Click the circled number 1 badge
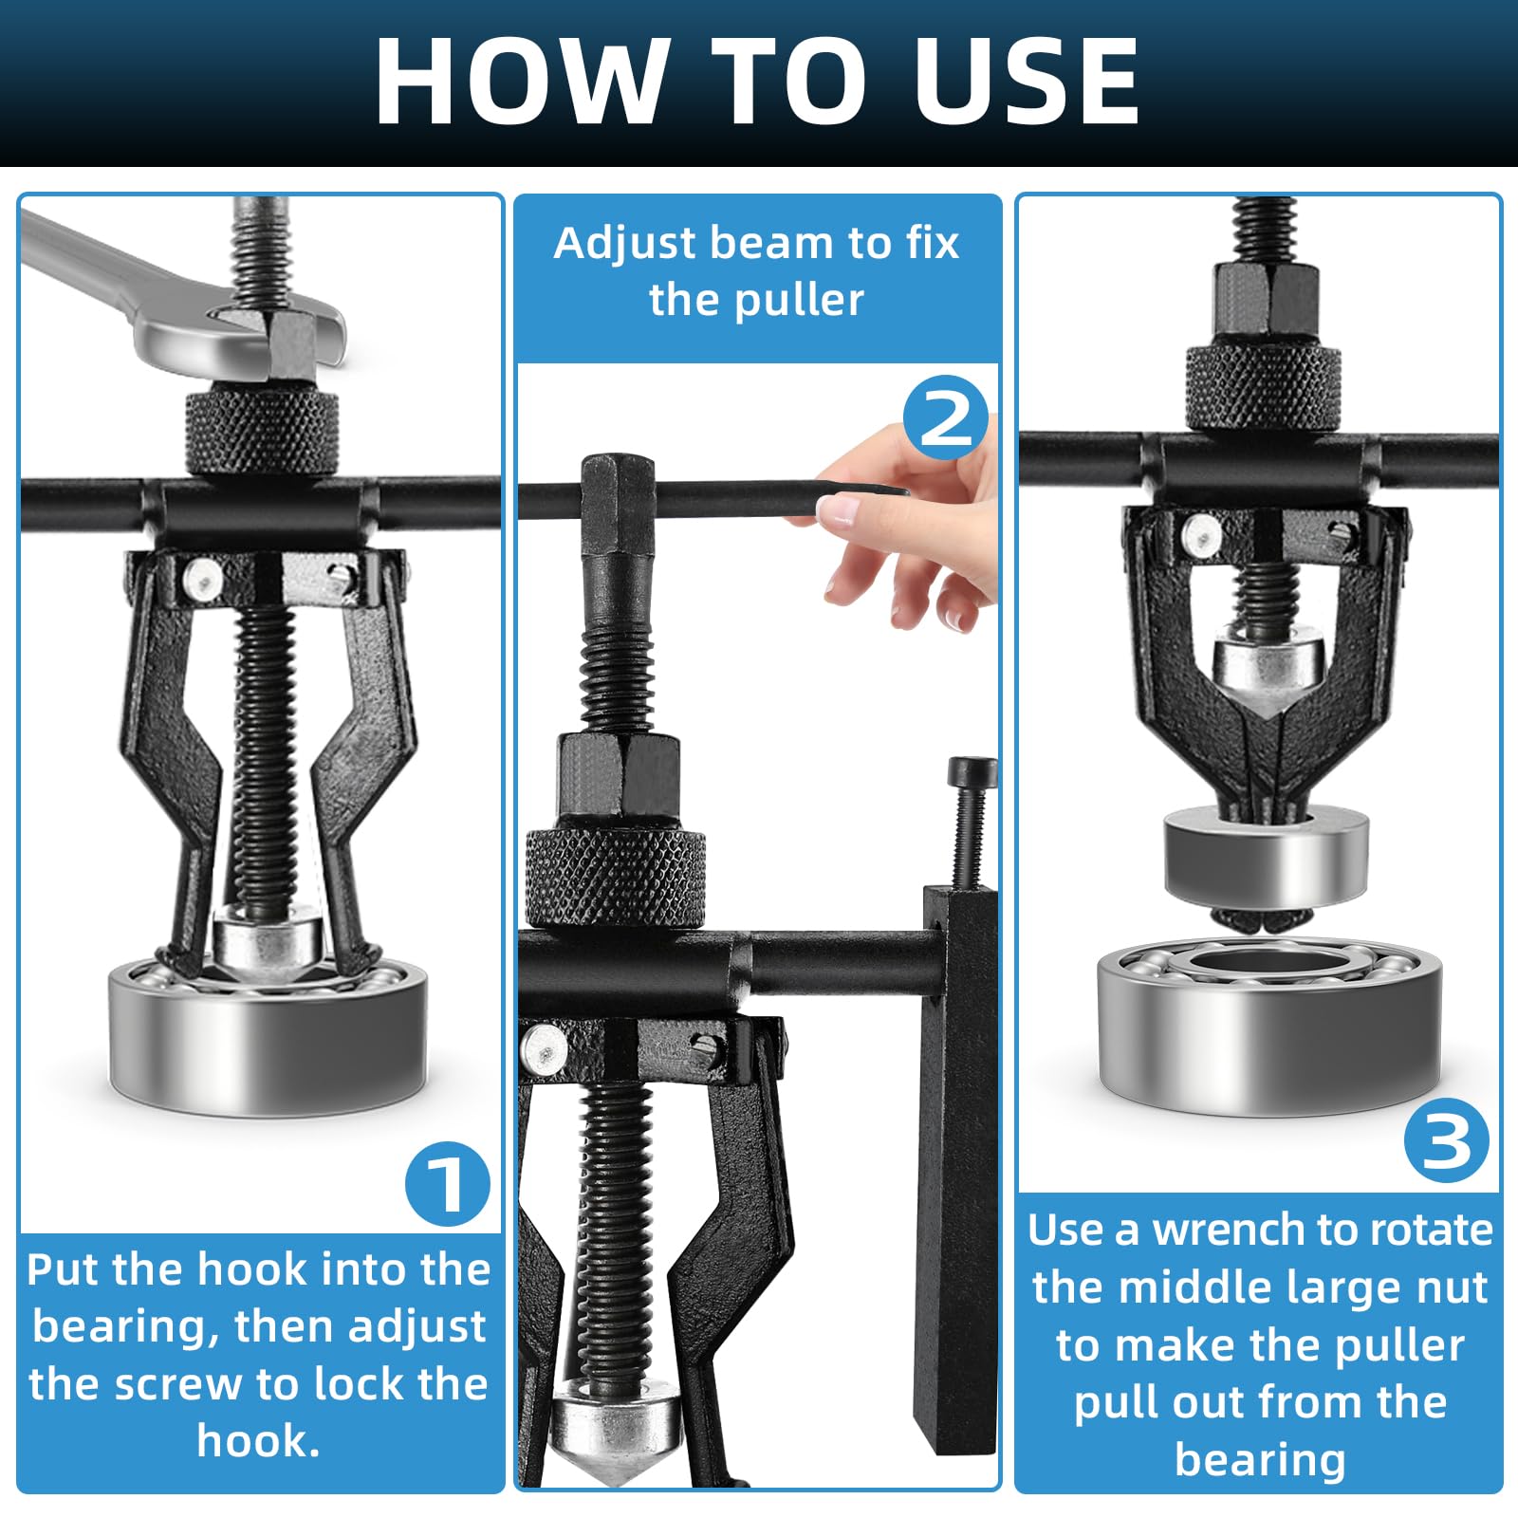(x=448, y=1184)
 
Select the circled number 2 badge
(x=945, y=418)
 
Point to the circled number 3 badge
(x=1446, y=1139)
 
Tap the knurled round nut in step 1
(x=261, y=433)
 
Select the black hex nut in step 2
(x=619, y=774)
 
